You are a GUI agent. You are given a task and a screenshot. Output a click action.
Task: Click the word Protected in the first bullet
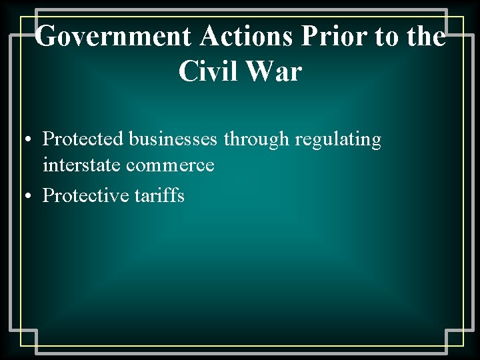83,139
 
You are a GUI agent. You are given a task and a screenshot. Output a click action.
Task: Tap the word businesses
173,139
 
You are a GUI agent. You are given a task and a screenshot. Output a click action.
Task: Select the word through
256,139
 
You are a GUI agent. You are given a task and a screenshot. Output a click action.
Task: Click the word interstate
81,165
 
